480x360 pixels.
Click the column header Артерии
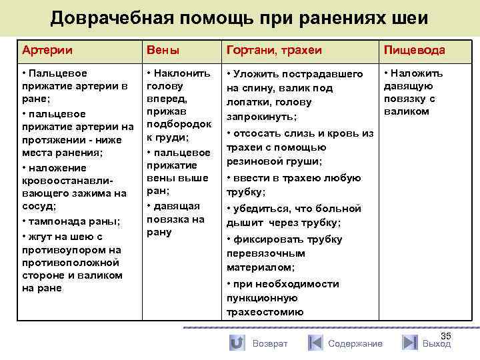click(x=47, y=50)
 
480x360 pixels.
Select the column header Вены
click(x=163, y=50)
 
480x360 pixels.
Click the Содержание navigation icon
click(x=316, y=343)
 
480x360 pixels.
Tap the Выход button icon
click(x=409, y=343)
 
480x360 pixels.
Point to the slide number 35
click(x=446, y=337)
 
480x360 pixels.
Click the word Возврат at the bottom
click(x=270, y=343)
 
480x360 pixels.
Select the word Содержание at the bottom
click(x=355, y=343)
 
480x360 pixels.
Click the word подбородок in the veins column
click(x=179, y=124)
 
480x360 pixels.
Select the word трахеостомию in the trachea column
click(x=265, y=311)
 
